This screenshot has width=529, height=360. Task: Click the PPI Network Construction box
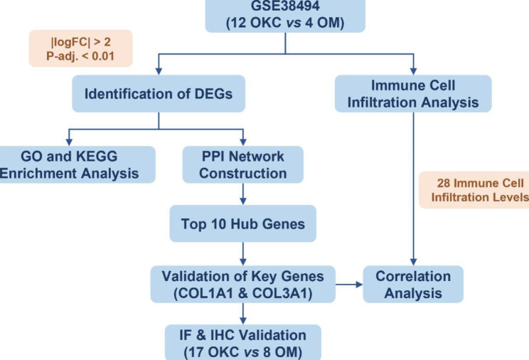coord(243,163)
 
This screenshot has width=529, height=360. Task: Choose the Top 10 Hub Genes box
coord(243,223)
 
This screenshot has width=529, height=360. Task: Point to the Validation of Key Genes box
coord(243,283)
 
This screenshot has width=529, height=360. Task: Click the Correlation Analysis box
coord(413,283)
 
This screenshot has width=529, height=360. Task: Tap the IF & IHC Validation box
coord(243,342)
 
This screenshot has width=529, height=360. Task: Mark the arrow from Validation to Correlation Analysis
coord(348,284)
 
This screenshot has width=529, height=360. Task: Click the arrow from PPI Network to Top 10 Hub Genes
coord(243,194)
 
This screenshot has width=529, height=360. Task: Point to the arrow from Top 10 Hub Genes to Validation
coord(243,253)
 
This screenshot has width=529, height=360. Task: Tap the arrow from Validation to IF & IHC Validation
coord(243,313)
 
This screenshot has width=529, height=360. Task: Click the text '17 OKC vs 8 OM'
coord(243,351)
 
